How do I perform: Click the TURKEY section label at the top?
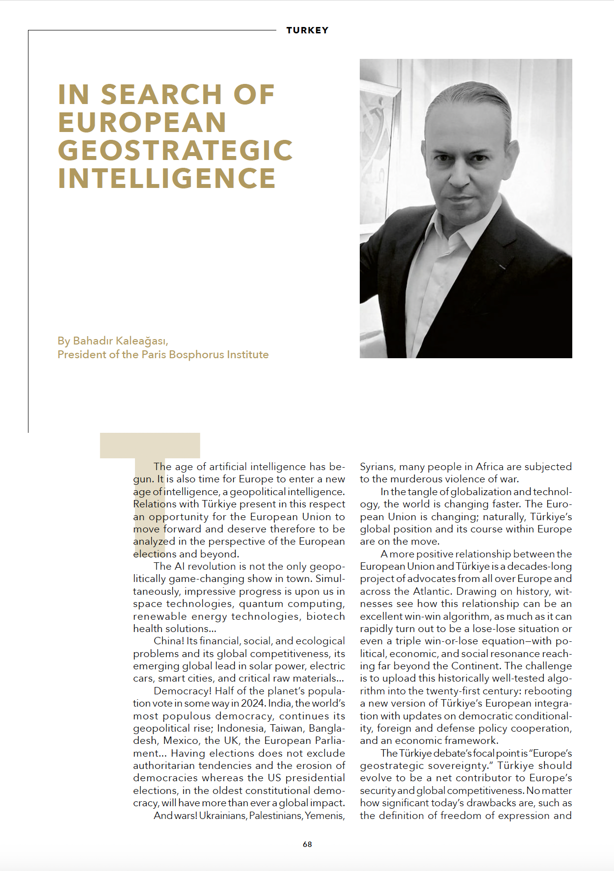click(307, 30)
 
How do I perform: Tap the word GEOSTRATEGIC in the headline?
click(175, 150)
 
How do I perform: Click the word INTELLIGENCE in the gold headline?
click(167, 178)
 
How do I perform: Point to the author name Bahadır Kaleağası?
click(120, 341)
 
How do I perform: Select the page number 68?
click(307, 844)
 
